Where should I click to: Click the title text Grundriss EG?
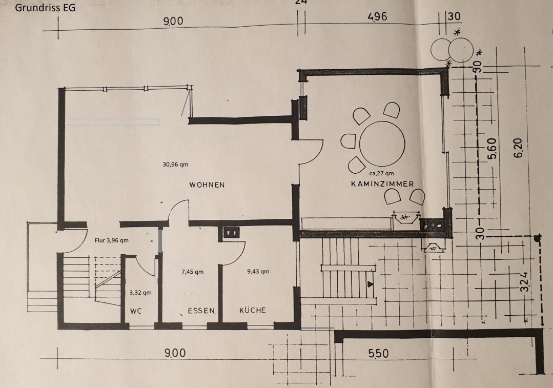[x=45, y=8]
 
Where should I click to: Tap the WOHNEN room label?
[x=207, y=185]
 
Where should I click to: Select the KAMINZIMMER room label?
[x=382, y=184]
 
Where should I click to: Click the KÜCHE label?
[x=253, y=310]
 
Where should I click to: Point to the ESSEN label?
[x=201, y=311]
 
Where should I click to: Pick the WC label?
[x=136, y=311]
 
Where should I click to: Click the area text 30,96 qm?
[x=175, y=165]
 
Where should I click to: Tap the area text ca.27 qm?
[x=382, y=173]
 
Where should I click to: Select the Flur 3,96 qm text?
[x=111, y=240]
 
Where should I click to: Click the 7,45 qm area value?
[x=192, y=272]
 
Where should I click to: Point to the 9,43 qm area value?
[x=258, y=271]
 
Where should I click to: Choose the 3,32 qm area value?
[x=140, y=293]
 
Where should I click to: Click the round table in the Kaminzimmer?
[x=382, y=143]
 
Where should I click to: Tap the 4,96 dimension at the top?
[x=377, y=16]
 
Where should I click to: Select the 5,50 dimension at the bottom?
[x=378, y=353]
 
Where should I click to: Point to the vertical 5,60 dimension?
[x=493, y=149]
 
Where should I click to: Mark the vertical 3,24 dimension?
[x=524, y=282]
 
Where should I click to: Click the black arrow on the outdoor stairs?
[x=370, y=284]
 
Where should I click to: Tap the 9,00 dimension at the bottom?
[x=175, y=353]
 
